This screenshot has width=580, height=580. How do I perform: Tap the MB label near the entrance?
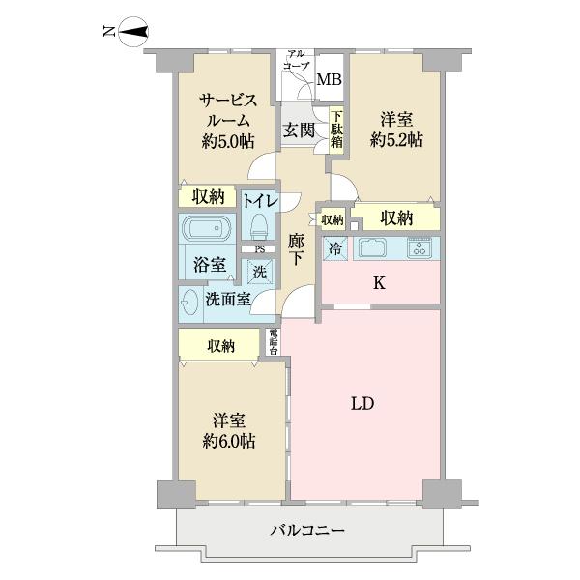(330, 80)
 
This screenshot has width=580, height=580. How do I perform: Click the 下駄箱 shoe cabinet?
(336, 130)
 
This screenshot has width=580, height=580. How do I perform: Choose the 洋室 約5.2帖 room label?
(396, 130)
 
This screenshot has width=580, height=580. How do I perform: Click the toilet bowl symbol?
(257, 226)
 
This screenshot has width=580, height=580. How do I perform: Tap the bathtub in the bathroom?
(204, 233)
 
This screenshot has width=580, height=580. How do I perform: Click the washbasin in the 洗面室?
(188, 302)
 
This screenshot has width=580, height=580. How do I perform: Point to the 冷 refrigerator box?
(333, 246)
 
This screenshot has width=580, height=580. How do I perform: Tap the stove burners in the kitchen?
(420, 247)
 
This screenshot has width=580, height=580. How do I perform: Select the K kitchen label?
(380, 282)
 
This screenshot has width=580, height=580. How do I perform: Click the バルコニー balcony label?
(307, 530)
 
